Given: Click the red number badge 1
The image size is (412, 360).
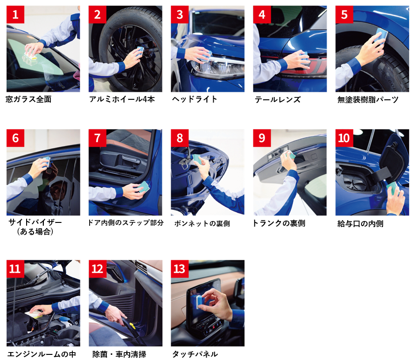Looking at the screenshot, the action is pyautogui.click(x=15, y=14).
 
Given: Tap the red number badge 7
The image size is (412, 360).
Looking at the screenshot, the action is pyautogui.click(x=98, y=138).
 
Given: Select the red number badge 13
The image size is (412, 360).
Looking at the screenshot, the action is pyautogui.click(x=180, y=269).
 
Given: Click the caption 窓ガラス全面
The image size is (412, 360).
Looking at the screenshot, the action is pyautogui.click(x=28, y=99).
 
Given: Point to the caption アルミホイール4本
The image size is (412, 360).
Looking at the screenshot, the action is pyautogui.click(x=122, y=99).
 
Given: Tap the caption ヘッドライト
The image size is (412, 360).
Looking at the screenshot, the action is pyautogui.click(x=195, y=99).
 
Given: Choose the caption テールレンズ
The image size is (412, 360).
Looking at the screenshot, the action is pyautogui.click(x=278, y=99).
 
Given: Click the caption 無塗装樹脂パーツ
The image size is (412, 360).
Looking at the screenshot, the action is pyautogui.click(x=368, y=99).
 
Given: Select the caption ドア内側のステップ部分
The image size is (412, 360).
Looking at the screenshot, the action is pyautogui.click(x=126, y=223).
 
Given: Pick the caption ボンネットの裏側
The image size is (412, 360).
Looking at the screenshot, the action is pyautogui.click(x=202, y=223).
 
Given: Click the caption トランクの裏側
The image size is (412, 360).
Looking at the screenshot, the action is pyautogui.click(x=279, y=223).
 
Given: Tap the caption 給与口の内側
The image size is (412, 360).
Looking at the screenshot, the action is pyautogui.click(x=360, y=224).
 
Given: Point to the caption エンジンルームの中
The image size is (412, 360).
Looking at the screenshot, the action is pyautogui.click(x=42, y=354).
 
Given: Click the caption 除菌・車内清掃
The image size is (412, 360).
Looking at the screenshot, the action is pyautogui.click(x=119, y=354).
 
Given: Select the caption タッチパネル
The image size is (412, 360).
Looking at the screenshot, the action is pyautogui.click(x=195, y=354).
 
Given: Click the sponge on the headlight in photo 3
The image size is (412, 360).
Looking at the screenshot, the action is pyautogui.click(x=206, y=56).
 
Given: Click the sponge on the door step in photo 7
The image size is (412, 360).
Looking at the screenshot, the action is pyautogui.click(x=143, y=187).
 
